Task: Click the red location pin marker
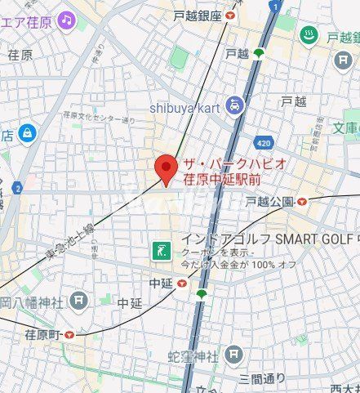(x=167, y=168)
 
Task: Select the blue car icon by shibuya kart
(x=234, y=105)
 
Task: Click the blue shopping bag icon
(x=29, y=132)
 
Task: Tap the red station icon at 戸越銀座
(x=231, y=16)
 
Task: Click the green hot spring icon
(x=309, y=34)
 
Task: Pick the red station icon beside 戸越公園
(x=302, y=200)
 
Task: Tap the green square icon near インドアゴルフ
(x=161, y=248)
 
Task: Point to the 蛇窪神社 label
(x=193, y=357)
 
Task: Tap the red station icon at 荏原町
(x=69, y=333)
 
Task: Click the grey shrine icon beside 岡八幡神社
(x=78, y=301)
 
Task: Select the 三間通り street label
(x=262, y=377)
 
